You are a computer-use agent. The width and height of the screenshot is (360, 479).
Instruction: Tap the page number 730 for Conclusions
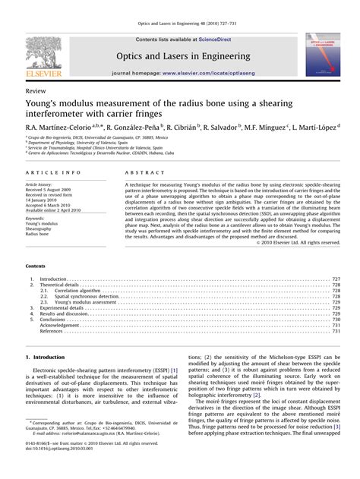pos(336,320)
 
